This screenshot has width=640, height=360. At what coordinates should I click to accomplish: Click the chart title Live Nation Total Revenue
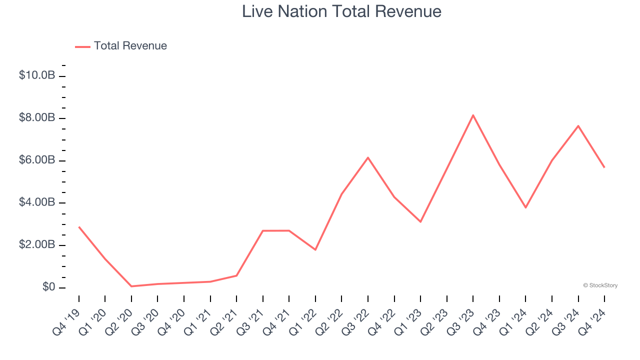click(341, 11)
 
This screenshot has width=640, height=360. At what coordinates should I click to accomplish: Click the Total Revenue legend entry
click(121, 46)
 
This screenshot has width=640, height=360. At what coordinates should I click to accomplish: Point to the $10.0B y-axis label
click(37, 75)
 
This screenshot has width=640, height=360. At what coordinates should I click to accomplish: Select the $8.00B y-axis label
click(37, 118)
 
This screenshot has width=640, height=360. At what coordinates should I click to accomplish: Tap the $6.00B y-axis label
click(37, 160)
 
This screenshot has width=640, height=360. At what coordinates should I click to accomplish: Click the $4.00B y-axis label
click(37, 202)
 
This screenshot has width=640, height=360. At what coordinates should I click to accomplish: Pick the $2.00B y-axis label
click(37, 245)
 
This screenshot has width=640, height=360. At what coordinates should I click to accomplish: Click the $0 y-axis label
click(48, 287)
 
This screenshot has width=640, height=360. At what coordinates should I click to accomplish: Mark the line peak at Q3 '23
click(473, 115)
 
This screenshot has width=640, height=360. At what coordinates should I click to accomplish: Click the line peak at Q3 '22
click(368, 157)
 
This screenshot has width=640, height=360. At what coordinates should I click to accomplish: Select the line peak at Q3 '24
click(578, 126)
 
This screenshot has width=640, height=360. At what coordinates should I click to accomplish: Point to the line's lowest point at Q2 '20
click(131, 286)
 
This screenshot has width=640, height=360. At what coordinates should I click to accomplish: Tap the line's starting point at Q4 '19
click(79, 227)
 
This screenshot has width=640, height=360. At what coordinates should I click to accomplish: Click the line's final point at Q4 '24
click(604, 167)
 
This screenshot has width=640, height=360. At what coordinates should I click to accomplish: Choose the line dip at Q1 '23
click(420, 221)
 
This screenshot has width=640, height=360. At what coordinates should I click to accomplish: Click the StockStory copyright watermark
click(600, 285)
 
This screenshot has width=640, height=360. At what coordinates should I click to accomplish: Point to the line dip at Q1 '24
click(525, 207)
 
